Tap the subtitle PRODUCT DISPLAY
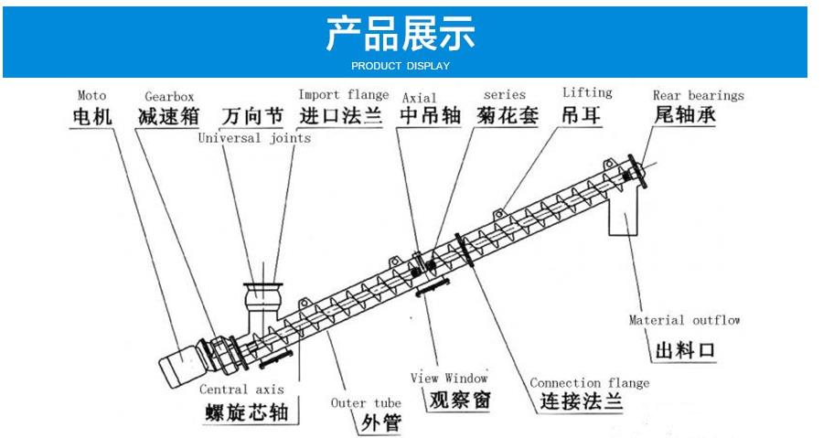401,66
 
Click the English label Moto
91,95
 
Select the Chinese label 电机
92,116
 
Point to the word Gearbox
169,96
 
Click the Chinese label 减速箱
168,116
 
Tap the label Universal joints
254,138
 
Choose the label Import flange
344,94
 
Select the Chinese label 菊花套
508,116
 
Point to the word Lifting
587,92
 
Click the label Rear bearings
698,95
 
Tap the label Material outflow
684,320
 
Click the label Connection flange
590,383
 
